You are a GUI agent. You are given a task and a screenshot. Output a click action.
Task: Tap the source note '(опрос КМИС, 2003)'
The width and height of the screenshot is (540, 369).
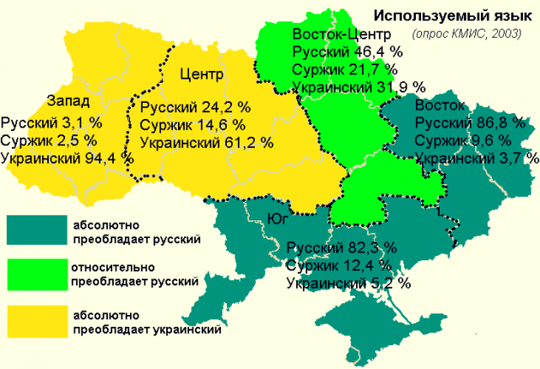[466, 35]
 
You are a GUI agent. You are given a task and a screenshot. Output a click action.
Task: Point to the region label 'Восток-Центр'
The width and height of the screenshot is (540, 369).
[340, 35]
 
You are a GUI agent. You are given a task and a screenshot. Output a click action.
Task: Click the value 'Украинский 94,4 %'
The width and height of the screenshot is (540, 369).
[67, 157]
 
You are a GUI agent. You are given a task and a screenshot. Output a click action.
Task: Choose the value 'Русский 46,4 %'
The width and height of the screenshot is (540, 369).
[346, 52]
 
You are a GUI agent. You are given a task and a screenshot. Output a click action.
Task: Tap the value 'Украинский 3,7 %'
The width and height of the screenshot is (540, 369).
[476, 158]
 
